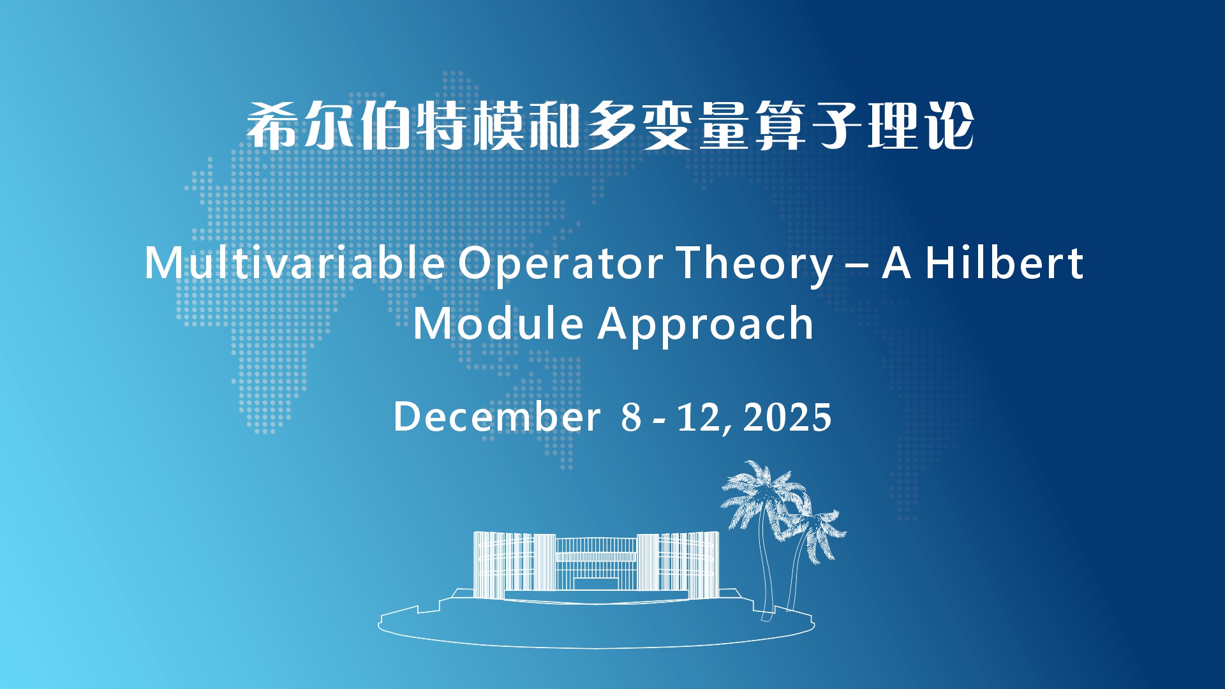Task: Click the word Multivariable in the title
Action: click(x=295, y=262)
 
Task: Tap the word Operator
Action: click(x=561, y=263)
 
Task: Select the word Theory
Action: click(x=755, y=263)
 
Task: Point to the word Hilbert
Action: click(x=1004, y=262)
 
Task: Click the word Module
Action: click(x=498, y=323)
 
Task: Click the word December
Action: click(x=497, y=417)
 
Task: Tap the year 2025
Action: click(x=787, y=417)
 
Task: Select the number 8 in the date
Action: click(x=631, y=417)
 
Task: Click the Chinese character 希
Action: click(x=271, y=126)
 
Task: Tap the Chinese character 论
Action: click(x=950, y=126)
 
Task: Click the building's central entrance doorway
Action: click(x=596, y=583)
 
